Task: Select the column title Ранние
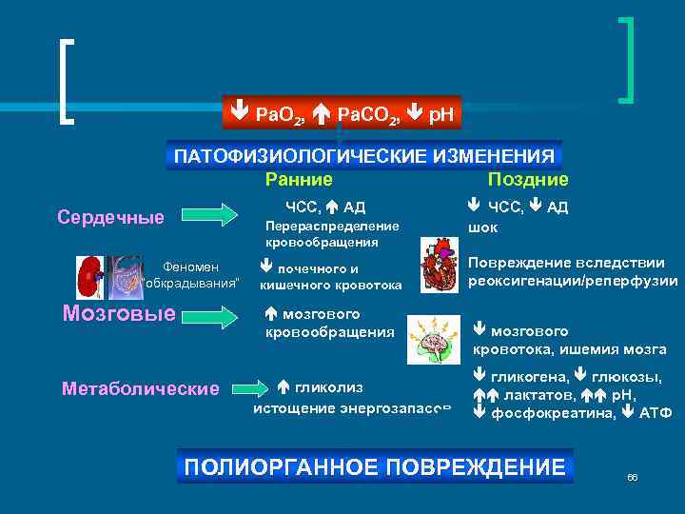(299, 180)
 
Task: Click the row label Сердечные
(110, 217)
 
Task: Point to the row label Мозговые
(118, 313)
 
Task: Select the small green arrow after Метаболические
(248, 388)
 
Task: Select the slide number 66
(632, 476)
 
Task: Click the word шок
(482, 227)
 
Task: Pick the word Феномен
(191, 267)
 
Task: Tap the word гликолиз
(328, 387)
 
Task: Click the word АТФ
(656, 413)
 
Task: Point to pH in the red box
(441, 114)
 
